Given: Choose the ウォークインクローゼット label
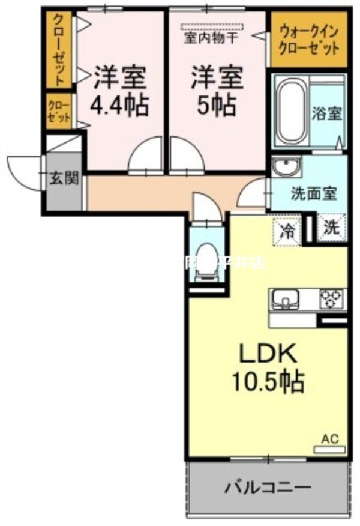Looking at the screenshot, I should [x=308, y=39].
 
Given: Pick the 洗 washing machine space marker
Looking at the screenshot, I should [x=332, y=229].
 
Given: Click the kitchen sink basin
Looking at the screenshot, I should [x=286, y=298].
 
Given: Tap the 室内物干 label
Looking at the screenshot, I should [x=211, y=38].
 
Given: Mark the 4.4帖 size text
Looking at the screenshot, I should [x=119, y=106].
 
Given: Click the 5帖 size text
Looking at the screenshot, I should [x=217, y=106].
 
